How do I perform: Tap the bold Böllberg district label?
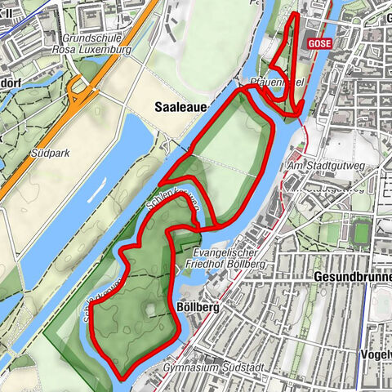click(196, 308)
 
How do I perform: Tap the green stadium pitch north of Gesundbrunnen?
click(362, 232)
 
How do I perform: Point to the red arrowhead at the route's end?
click(299, 108)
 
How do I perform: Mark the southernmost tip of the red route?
click(121, 377)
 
